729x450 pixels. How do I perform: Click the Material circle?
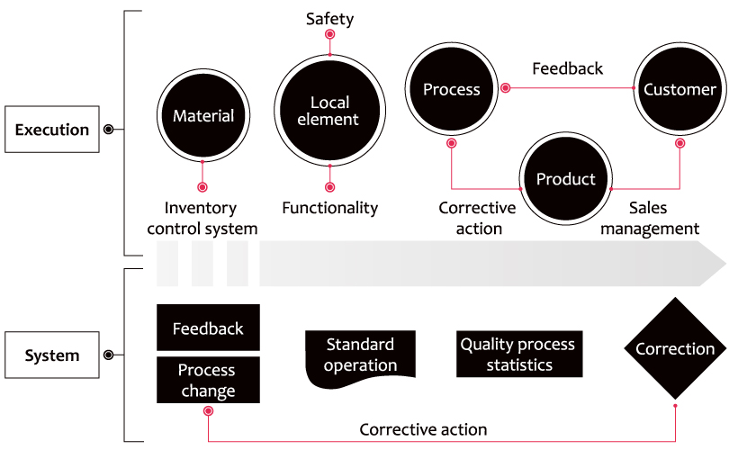(x=203, y=115)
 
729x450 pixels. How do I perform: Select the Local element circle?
(x=329, y=111)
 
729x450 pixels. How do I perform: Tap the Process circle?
(x=452, y=89)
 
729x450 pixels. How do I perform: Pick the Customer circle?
(x=679, y=89)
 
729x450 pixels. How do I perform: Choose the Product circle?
(x=566, y=178)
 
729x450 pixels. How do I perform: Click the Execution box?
(x=52, y=130)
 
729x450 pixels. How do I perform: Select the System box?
(x=52, y=355)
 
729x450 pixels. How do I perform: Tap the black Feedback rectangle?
(x=208, y=328)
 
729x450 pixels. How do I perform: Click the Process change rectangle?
(x=208, y=380)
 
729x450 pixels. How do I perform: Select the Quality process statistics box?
(x=519, y=354)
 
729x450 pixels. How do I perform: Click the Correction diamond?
(x=675, y=348)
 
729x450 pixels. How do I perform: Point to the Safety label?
(x=329, y=19)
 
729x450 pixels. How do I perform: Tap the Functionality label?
(x=330, y=208)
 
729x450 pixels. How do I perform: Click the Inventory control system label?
(x=202, y=218)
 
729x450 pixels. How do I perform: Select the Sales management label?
(x=650, y=218)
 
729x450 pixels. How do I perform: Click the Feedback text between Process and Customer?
(x=567, y=68)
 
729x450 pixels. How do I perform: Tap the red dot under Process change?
(x=208, y=411)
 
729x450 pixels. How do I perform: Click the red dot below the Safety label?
(x=329, y=34)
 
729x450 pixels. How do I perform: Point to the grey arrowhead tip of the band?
(x=725, y=264)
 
